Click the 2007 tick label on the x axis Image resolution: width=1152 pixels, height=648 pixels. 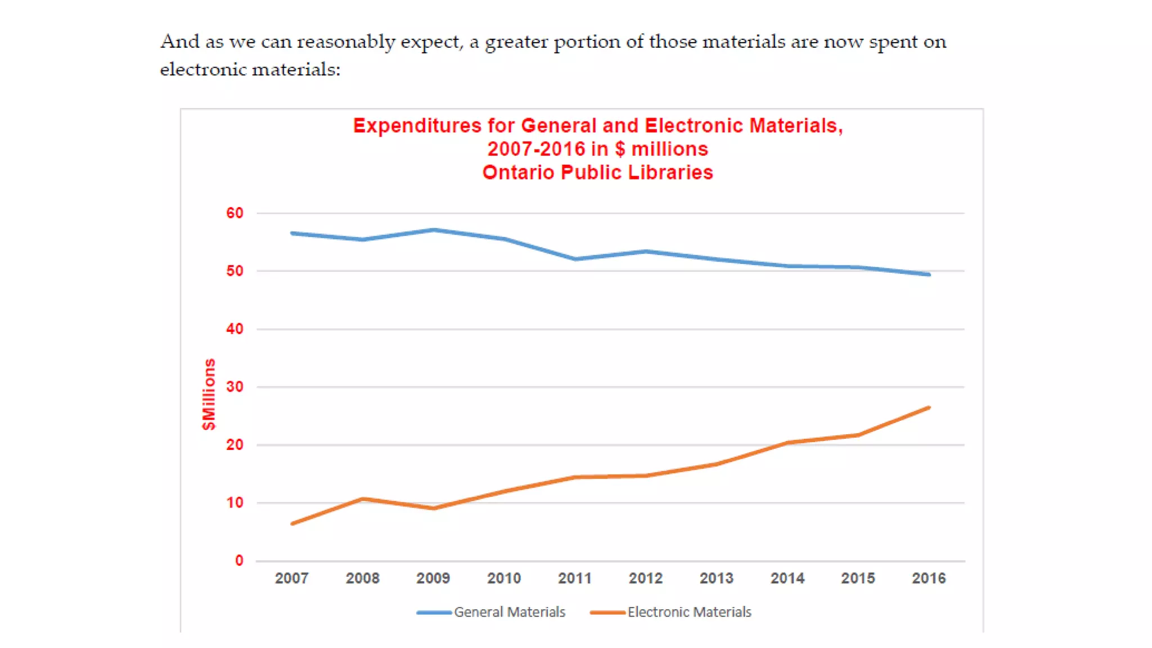[x=291, y=578]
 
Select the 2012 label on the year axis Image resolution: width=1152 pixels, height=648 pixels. [x=645, y=578]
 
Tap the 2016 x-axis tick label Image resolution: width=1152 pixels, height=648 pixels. [x=929, y=578]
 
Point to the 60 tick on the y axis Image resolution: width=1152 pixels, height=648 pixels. [x=235, y=213]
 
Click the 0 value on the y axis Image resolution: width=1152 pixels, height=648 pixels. [x=239, y=561]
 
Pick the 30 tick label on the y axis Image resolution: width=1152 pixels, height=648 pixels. [x=235, y=387]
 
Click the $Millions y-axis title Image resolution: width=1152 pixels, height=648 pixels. [x=209, y=394]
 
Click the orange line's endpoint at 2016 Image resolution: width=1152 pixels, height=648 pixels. [x=929, y=408]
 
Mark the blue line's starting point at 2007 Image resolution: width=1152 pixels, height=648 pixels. [x=292, y=233]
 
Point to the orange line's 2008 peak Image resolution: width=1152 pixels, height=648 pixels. [x=363, y=499]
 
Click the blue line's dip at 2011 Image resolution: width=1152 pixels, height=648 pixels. [x=575, y=259]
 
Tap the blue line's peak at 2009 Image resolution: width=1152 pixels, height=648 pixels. [x=434, y=229]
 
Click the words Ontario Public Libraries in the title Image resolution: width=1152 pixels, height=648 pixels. [x=597, y=172]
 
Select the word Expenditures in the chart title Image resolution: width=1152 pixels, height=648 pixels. [x=417, y=125]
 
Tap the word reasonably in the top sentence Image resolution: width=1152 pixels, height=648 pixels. [x=346, y=42]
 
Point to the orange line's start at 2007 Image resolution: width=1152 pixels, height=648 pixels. [x=292, y=524]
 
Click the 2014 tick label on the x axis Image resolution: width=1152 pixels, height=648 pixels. [x=787, y=578]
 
